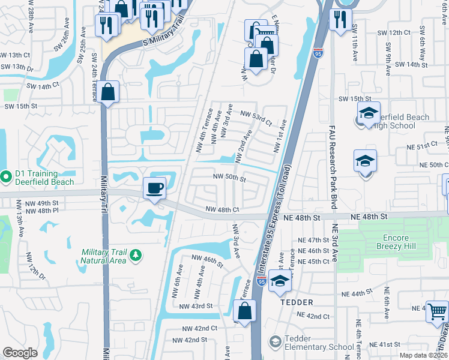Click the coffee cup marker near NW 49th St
[154, 188]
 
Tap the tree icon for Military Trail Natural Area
[136, 255]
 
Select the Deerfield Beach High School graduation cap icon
[368, 112]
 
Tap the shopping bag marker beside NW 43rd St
[244, 311]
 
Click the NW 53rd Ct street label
[256, 117]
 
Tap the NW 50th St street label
[229, 178]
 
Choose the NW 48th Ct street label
[223, 209]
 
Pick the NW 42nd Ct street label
[200, 328]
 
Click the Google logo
[20, 353]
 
